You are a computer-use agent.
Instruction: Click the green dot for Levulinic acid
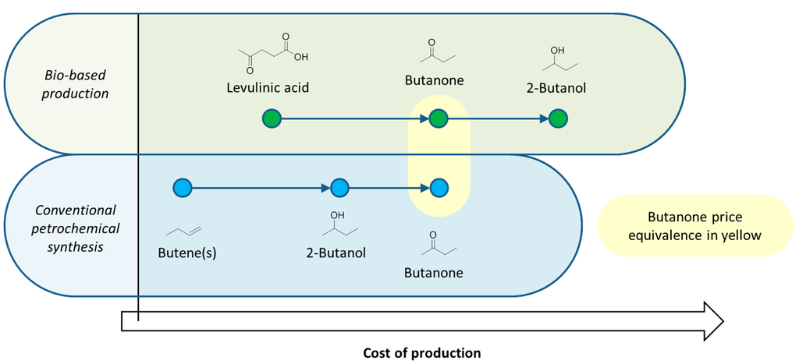click(x=272, y=119)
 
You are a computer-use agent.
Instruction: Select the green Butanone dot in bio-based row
click(x=439, y=119)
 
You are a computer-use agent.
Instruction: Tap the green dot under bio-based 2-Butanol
click(x=558, y=119)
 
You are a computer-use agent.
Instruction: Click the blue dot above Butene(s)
click(x=182, y=188)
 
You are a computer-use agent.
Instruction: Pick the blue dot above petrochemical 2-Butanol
click(x=339, y=188)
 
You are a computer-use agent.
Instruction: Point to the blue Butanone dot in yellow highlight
click(x=439, y=188)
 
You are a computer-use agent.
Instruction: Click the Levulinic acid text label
click(x=268, y=87)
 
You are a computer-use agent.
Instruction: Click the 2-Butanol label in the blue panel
click(x=336, y=253)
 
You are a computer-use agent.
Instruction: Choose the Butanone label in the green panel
click(x=434, y=80)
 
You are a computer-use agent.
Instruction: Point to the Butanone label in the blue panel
click(x=434, y=272)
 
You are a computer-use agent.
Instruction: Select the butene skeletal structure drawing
click(x=185, y=231)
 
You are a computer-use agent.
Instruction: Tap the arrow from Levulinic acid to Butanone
click(x=355, y=119)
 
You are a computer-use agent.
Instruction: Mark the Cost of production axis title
click(x=422, y=352)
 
